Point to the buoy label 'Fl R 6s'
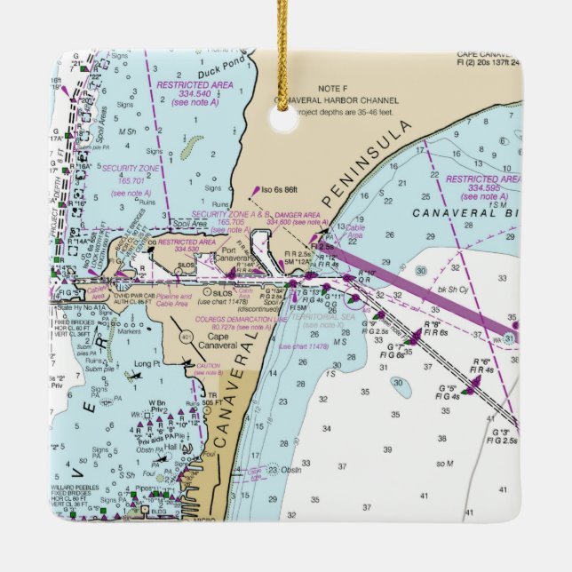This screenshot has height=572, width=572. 434,332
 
